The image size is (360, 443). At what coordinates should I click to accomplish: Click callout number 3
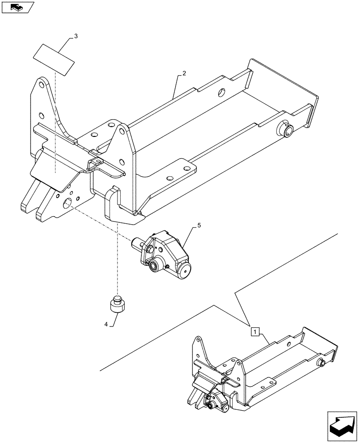point(75,36)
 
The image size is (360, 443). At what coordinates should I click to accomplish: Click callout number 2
point(184,74)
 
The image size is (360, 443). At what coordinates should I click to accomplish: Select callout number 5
point(199,225)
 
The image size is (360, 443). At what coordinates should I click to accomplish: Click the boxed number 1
point(254,331)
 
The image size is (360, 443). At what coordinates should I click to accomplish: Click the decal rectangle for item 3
point(54,59)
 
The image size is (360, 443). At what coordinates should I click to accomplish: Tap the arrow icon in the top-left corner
point(17,7)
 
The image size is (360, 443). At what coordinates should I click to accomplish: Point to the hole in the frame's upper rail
point(222,93)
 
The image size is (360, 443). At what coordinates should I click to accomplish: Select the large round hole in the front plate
point(68,203)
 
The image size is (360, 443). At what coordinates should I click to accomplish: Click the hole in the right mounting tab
point(169,179)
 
